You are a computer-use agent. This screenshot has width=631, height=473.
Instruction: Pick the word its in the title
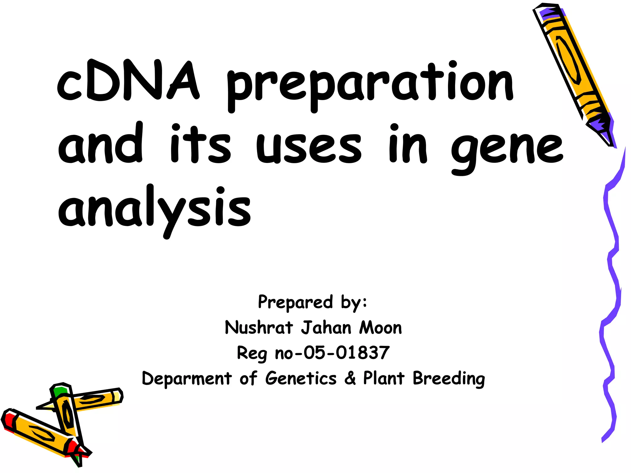click(x=200, y=145)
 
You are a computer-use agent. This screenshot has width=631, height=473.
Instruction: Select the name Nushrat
click(x=258, y=327)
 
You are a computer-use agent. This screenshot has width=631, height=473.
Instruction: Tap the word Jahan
click(x=326, y=327)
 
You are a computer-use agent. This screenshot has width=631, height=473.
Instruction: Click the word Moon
click(x=381, y=327)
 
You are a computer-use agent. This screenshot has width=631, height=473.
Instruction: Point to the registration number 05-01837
click(x=347, y=353)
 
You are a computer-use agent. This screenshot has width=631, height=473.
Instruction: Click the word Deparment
click(x=186, y=379)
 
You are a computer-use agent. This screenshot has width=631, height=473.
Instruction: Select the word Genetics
click(x=301, y=378)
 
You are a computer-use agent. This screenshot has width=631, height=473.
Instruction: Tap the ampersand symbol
click(x=350, y=378)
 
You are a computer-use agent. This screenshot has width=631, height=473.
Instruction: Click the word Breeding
click(x=449, y=379)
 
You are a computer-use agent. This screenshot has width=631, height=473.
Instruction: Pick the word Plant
click(x=383, y=378)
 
